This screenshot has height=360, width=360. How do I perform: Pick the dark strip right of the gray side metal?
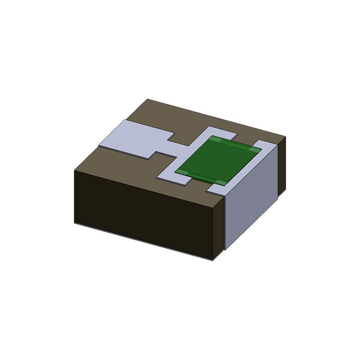pos(282,166)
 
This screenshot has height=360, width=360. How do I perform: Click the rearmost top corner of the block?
pos(148,99)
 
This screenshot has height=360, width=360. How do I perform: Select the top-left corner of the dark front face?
pos(74,170)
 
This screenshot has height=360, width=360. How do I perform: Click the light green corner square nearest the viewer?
pos(218,182)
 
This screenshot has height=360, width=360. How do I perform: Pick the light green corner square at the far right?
pos(256,149)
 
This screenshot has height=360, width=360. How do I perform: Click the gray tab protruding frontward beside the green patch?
pos(173,178)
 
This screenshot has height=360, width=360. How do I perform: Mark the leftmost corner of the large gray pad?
pos(99,144)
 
